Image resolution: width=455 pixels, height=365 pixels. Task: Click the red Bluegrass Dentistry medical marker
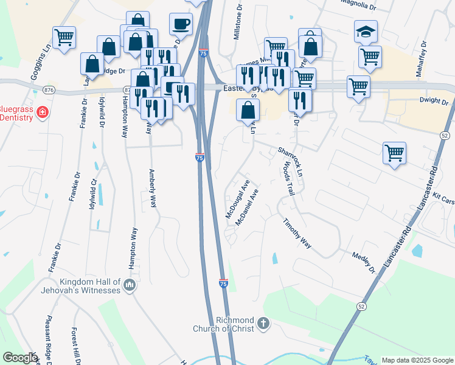click(42, 112)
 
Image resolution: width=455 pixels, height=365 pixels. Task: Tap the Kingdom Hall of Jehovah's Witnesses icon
click(129, 285)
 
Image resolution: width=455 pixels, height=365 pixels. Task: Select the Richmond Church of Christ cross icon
click(263, 323)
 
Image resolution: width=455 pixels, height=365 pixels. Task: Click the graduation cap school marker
click(366, 32)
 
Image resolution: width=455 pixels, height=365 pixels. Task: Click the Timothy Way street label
click(297, 234)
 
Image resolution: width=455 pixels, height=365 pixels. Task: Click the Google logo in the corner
click(20, 358)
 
